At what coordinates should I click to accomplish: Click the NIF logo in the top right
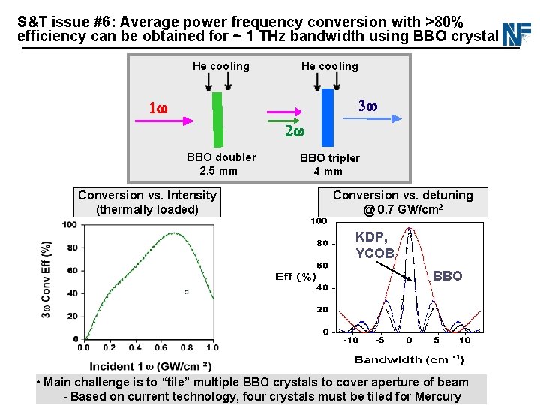tap(517, 34)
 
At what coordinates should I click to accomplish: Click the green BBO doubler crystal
tap(217, 119)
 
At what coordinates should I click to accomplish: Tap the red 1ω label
tap(157, 109)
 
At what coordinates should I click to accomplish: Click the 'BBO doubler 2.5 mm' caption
tap(221, 163)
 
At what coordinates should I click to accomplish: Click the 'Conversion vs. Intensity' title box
tap(148, 202)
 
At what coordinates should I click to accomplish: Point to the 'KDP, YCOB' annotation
tap(373, 244)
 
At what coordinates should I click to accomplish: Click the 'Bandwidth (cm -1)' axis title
tap(409, 360)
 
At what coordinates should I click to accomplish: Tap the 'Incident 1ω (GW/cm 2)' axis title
tap(148, 366)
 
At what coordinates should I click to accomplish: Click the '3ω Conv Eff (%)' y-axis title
tap(46, 278)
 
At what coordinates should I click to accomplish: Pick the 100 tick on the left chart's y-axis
tap(69, 225)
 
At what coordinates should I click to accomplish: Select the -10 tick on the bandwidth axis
tap(351, 340)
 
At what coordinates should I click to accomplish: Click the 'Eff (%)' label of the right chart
tap(295, 277)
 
